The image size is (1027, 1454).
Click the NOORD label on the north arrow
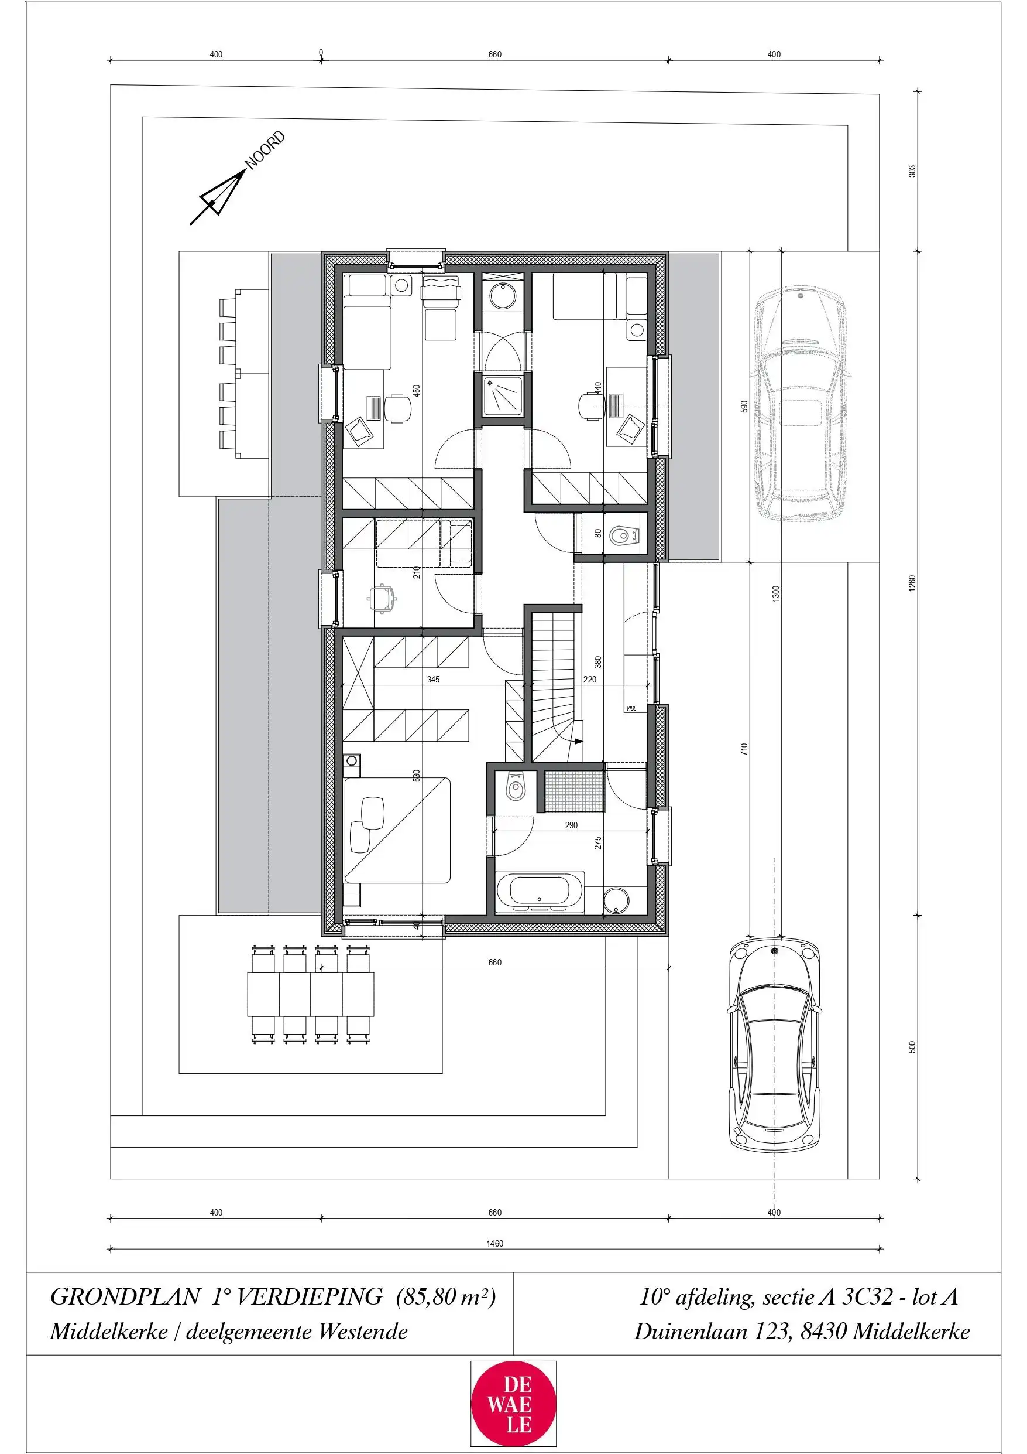265,150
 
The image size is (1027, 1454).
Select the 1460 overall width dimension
494,1243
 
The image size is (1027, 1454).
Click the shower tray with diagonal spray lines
503,397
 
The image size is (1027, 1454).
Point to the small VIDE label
631,708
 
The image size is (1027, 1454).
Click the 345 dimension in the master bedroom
433,680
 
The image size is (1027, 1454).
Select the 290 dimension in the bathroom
571,825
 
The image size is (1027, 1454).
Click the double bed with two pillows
397,830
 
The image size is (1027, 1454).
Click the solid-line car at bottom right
774,1048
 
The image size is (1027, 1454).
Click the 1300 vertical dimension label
776,593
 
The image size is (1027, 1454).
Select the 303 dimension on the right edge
912,171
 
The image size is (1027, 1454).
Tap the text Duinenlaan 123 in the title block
712,1332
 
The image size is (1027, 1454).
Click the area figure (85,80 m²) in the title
446,1296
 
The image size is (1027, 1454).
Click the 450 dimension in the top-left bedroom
417,391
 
